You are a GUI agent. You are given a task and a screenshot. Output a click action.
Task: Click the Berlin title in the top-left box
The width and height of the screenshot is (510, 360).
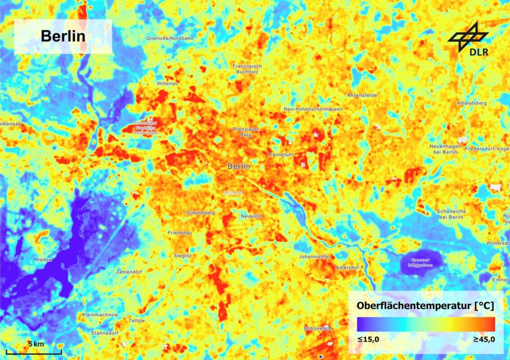tap(63, 36)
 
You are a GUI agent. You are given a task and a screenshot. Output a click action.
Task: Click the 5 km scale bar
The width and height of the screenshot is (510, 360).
tap(34, 349)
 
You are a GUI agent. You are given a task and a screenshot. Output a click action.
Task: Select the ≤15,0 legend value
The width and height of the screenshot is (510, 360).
tap(368, 339)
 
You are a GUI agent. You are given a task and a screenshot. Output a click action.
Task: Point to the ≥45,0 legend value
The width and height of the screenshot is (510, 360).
tap(484, 339)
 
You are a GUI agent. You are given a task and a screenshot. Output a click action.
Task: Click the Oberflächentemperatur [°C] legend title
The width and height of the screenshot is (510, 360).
tap(425, 306)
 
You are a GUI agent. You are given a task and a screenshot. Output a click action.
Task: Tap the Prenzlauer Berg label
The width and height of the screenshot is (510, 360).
tap(246, 132)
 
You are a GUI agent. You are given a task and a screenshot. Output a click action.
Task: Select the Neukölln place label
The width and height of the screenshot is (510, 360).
tap(251, 216)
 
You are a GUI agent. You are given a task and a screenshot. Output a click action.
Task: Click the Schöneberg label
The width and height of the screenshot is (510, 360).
tap(200, 212)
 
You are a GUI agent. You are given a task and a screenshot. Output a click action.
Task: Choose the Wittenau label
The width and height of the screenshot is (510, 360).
tap(168, 84)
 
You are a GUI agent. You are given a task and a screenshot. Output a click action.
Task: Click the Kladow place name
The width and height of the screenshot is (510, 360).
tap(44, 260)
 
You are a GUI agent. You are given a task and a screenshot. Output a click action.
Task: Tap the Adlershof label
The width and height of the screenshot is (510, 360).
tap(348, 268)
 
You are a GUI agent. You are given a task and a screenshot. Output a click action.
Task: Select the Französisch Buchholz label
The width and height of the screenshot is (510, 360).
tap(247, 69)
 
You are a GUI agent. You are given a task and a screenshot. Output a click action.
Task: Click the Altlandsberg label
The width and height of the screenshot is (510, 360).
tap(471, 103)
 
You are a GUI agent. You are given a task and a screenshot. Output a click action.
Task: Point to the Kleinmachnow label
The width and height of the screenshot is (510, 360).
tap(100, 315)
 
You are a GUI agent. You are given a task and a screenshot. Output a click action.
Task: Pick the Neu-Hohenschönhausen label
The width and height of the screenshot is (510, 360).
tap(313, 109)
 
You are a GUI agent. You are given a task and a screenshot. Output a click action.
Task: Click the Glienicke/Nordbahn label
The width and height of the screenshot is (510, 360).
tap(170, 39)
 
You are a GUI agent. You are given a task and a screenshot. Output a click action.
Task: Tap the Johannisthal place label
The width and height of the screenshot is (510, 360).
tap(314, 256)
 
